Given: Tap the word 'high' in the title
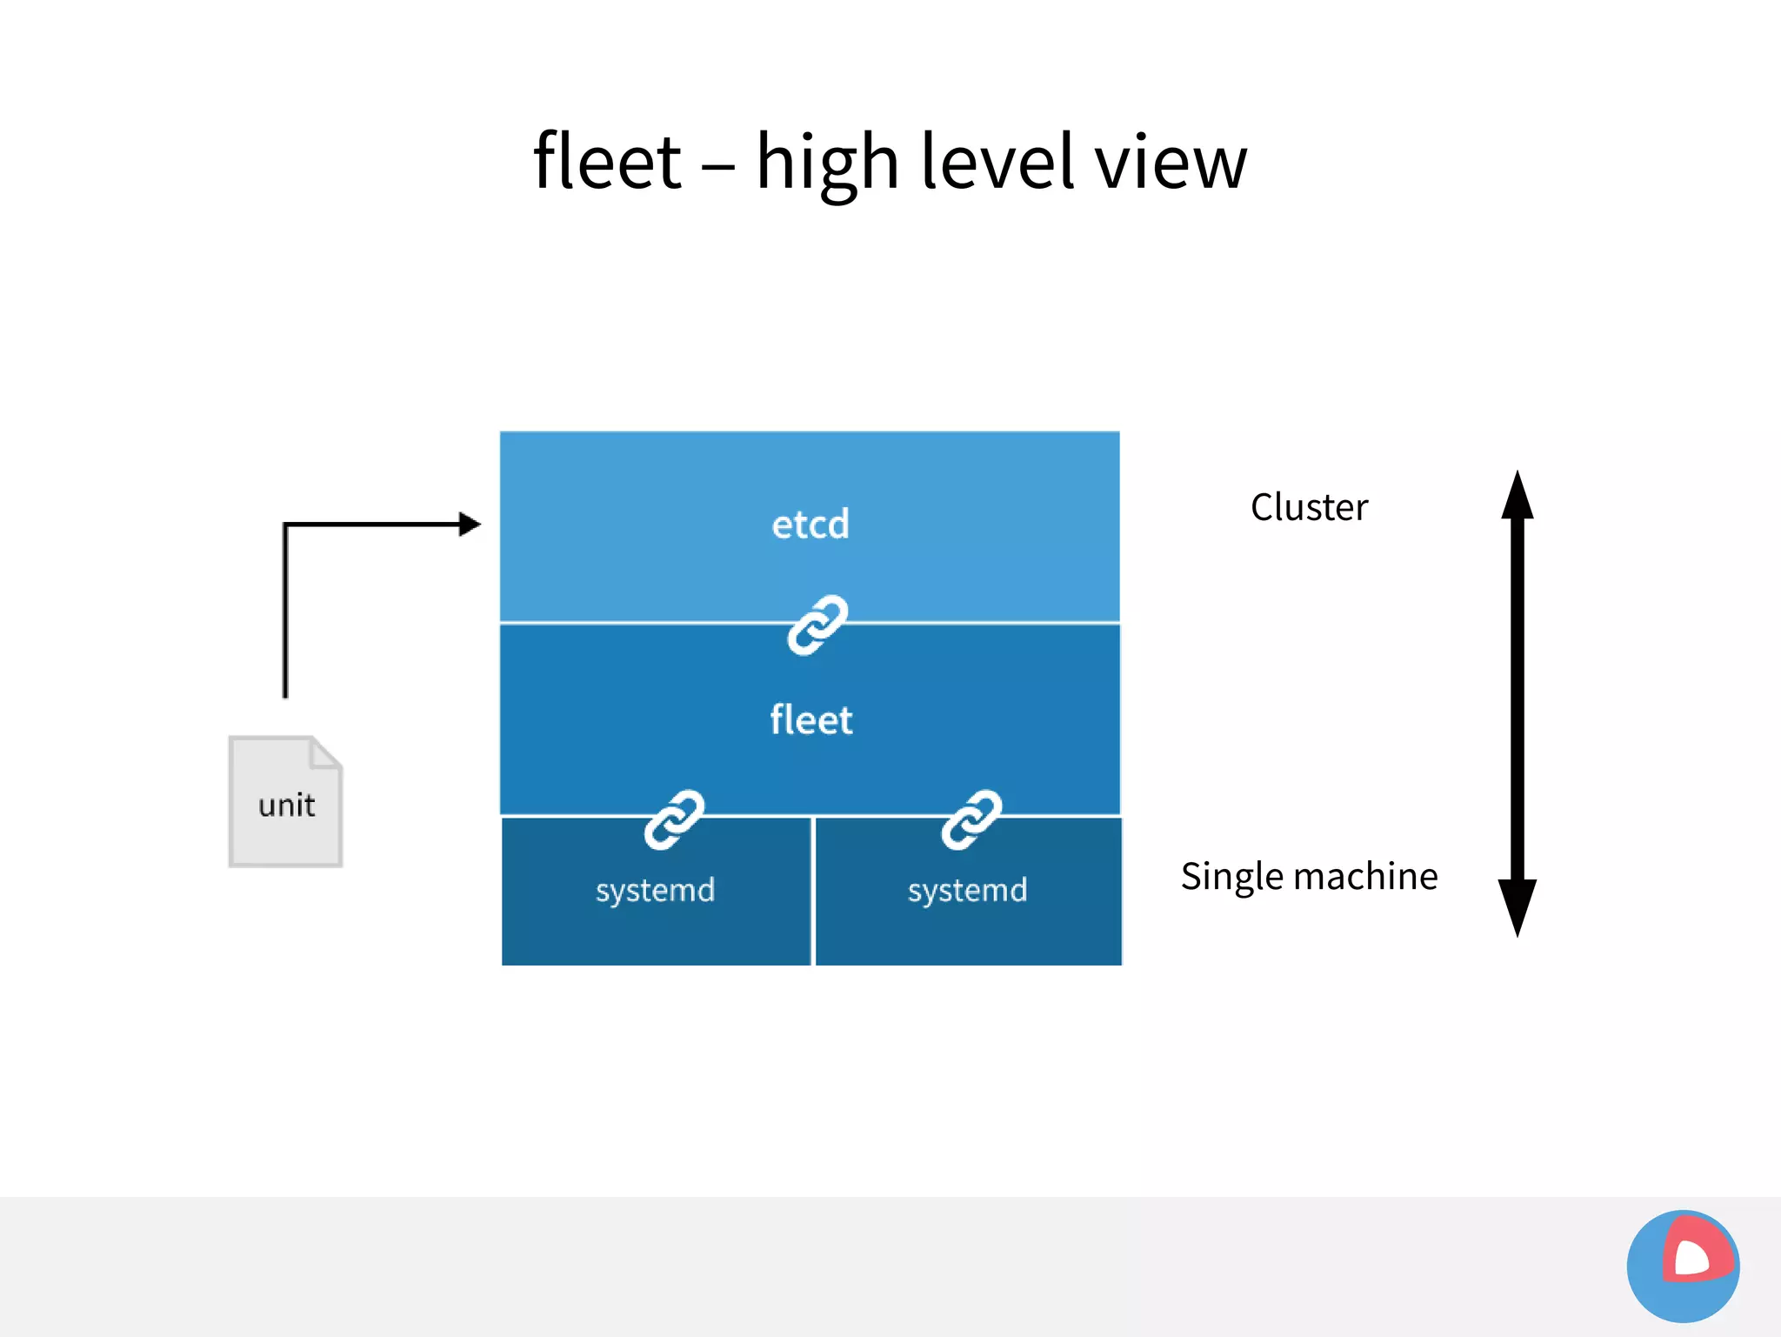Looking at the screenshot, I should point(827,164).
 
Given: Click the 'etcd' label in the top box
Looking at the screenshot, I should point(810,525).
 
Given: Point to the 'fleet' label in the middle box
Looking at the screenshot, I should point(810,720).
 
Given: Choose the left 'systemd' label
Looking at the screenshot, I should point(655,890).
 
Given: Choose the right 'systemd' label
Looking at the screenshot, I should point(967,890).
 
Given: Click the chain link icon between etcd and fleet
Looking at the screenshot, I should point(817,625).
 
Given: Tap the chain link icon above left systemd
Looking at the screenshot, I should point(674,819).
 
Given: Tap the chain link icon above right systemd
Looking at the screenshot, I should point(971,819).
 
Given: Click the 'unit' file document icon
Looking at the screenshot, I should point(285,802).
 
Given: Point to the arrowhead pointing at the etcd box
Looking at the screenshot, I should point(470,524).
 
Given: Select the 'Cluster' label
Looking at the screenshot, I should point(1309,507).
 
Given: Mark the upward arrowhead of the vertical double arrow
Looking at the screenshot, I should point(1518,496).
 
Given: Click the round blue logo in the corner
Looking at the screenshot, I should point(1683,1266).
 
